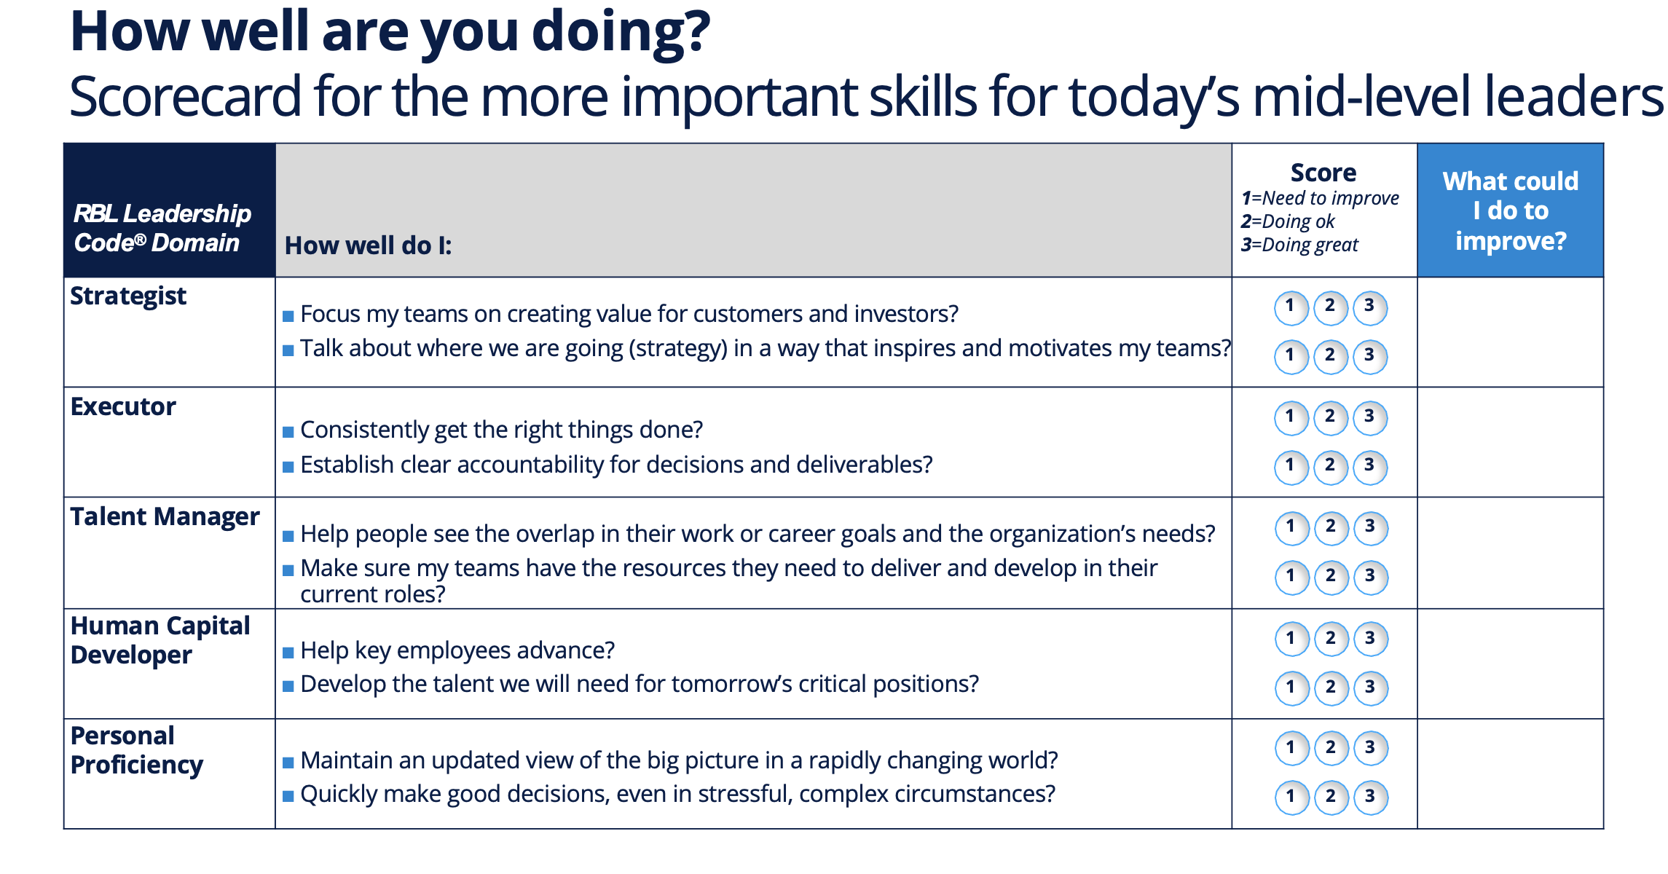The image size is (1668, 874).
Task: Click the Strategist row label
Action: tap(128, 296)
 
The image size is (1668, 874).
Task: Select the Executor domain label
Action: tap(123, 407)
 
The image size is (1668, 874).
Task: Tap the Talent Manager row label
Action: tap(165, 517)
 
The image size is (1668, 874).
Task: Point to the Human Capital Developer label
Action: tap(160, 640)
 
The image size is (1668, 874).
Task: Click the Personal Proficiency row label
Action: tap(137, 750)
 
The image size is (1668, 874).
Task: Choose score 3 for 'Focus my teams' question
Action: tap(1369, 307)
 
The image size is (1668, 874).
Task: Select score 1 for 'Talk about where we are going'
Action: tap(1291, 356)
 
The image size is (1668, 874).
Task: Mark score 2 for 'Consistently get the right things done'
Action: tap(1330, 417)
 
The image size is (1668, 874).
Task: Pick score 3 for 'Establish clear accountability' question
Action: tap(1369, 466)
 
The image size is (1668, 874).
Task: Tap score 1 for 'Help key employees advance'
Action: tap(1291, 639)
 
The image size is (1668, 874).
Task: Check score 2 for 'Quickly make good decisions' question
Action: tap(1331, 797)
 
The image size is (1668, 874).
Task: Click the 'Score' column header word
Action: tap(1323, 173)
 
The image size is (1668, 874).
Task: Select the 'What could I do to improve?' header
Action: tap(1510, 210)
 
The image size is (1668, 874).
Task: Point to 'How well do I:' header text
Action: tap(368, 245)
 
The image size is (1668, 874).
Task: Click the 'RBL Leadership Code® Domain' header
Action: tap(162, 227)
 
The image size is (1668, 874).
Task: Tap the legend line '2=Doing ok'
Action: tap(1288, 221)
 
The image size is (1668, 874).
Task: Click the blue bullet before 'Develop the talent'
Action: tap(288, 686)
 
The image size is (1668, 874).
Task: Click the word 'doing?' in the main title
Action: tap(621, 32)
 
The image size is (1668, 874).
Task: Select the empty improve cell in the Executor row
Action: tap(1510, 442)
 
